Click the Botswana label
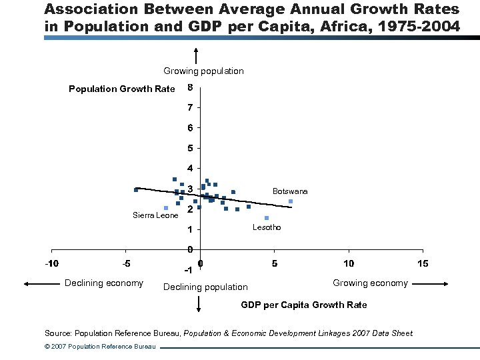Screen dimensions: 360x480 point(290,191)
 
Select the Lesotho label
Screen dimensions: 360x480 point(267,227)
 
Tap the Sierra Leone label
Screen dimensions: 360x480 point(155,215)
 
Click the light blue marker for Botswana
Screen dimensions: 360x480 point(291,201)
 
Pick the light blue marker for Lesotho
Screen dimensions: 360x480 point(267,218)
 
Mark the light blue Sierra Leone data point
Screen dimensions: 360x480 point(165,208)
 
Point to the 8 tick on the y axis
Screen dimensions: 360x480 point(191,87)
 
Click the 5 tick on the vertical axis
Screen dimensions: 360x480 point(191,147)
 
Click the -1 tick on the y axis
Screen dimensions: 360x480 point(189,271)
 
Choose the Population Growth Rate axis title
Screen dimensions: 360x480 point(122,89)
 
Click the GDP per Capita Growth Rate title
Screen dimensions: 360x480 point(303,305)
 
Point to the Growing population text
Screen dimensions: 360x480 point(203,71)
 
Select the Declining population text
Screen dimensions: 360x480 point(205,287)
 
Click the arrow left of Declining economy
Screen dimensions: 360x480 point(40,283)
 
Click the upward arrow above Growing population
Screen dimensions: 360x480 point(197,56)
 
